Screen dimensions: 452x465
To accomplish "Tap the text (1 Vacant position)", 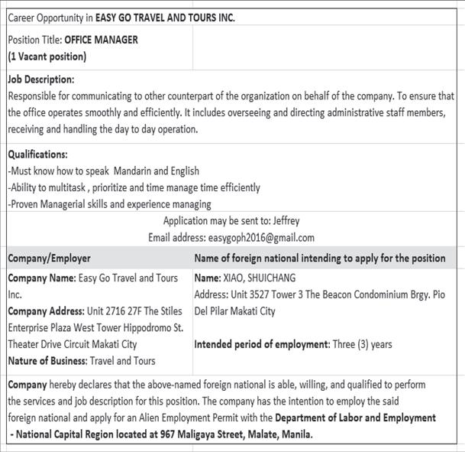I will click(x=47, y=57).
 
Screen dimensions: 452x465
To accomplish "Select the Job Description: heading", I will click(x=41, y=80).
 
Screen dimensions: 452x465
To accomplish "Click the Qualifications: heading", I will click(x=37, y=154).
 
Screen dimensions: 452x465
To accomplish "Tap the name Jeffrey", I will click(x=286, y=221).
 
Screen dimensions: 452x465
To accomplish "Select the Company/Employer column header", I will click(x=50, y=259).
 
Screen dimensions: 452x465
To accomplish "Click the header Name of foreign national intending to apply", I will click(x=319, y=259).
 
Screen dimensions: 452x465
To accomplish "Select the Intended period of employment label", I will click(x=262, y=344).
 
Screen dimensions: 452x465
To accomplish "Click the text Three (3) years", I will click(x=363, y=344).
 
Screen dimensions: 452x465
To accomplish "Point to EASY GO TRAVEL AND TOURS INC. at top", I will click(x=165, y=18).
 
